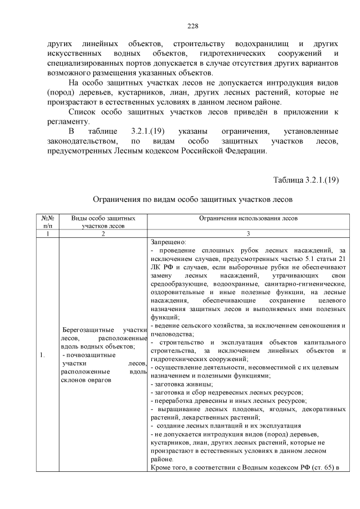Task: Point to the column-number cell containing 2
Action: (x=102, y=233)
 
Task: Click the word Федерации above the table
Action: (x=241, y=151)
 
